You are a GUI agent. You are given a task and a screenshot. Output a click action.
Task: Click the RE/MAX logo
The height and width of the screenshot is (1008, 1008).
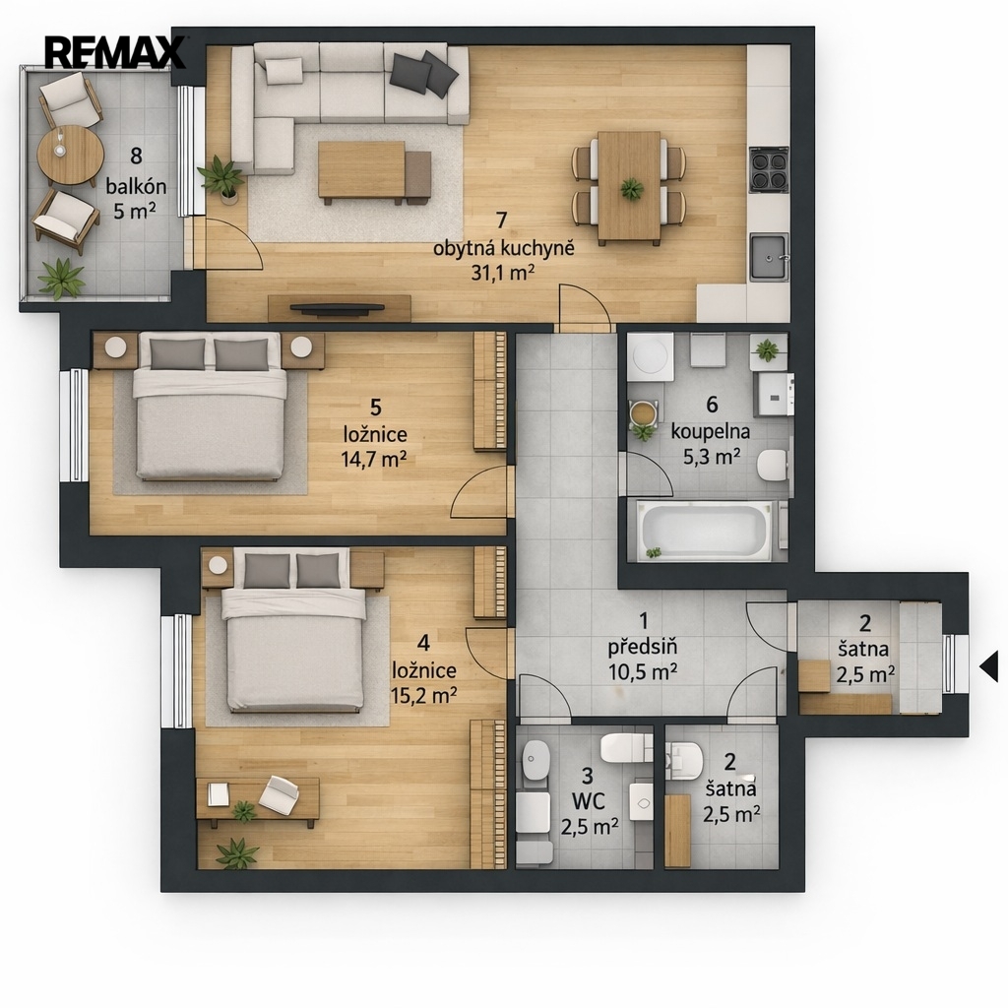coord(114,52)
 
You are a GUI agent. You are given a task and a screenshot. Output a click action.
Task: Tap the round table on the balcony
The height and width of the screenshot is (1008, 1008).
coord(70,155)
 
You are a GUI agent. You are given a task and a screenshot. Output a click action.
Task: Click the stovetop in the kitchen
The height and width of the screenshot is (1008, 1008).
coord(768,169)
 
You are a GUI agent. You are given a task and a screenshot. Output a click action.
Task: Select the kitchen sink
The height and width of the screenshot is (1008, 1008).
coord(769,257)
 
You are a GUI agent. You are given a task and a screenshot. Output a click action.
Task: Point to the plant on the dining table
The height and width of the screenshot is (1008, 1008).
coord(631,189)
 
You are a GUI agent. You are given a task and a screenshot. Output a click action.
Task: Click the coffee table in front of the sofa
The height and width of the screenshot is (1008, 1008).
coord(361,171)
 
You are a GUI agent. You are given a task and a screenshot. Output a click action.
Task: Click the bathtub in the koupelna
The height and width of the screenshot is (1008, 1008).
coord(705,532)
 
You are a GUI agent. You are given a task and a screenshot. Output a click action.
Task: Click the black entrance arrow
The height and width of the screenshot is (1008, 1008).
coord(989,666)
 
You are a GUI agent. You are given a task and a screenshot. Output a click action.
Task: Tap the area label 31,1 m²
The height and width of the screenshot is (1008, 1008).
coord(503,273)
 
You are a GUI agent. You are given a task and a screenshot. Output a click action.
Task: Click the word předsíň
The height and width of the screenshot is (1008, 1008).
coord(642,647)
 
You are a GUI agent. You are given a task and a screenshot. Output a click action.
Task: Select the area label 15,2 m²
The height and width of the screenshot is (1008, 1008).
coord(424,695)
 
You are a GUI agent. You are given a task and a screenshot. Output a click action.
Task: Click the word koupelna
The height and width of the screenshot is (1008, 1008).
coord(711,431)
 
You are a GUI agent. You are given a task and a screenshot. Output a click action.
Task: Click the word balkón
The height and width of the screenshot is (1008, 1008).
coord(136,187)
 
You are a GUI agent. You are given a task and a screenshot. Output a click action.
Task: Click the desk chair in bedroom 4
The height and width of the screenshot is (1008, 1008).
coord(279,794)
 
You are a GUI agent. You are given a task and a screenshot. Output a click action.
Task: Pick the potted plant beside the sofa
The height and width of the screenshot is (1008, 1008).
coord(221,179)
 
